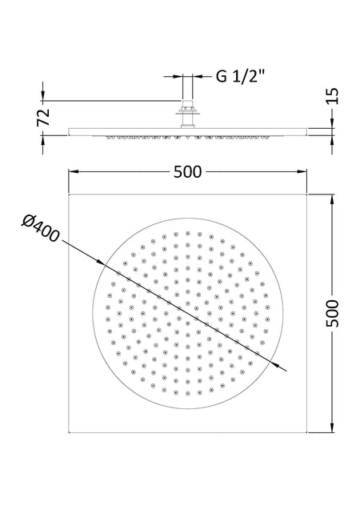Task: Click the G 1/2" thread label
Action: coord(241,77)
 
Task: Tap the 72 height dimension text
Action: coord(43,117)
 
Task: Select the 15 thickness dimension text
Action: coord(332,96)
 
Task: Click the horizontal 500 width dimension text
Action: coord(187,171)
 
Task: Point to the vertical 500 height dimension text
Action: coord(332,313)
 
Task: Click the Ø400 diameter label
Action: coord(40,229)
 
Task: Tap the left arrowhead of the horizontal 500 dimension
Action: coord(73,171)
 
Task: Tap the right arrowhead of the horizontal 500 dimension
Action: coord(302,171)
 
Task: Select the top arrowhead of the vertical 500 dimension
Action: coord(332,199)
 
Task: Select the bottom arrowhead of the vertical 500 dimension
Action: coord(332,428)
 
